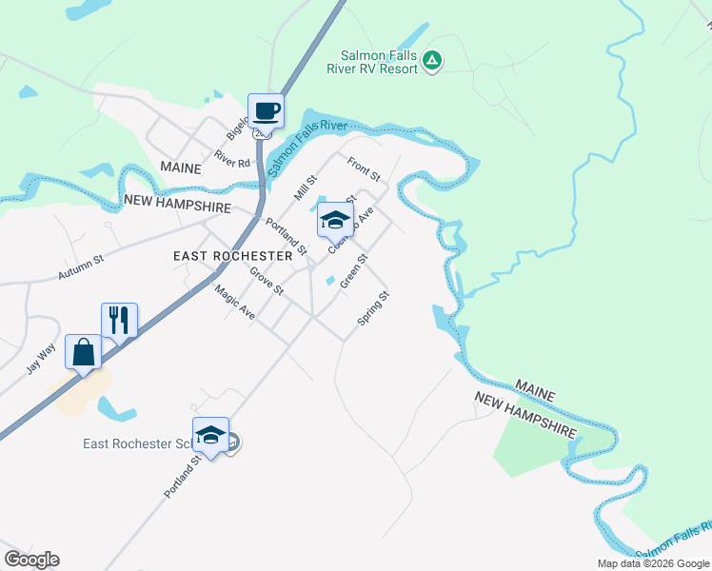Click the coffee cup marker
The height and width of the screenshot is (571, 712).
(x=266, y=110)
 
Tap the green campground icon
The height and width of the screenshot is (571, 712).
(x=432, y=61)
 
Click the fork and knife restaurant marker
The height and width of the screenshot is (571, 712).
(x=119, y=320)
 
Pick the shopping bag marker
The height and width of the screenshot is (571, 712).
(x=84, y=351)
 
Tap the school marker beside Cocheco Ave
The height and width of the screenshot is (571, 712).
(x=334, y=220)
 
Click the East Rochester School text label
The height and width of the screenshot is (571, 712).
(x=137, y=443)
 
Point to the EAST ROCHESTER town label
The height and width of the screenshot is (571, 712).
(x=232, y=256)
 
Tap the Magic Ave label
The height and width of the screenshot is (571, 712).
(x=234, y=303)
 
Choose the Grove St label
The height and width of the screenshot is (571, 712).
(x=267, y=281)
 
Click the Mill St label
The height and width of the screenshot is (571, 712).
(x=305, y=187)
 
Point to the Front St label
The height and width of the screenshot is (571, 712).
(x=364, y=169)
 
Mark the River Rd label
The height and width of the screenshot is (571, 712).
(x=231, y=159)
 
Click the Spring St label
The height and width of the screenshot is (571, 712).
(x=373, y=308)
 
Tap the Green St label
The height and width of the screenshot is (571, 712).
(x=353, y=269)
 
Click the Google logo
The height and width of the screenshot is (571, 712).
(x=31, y=560)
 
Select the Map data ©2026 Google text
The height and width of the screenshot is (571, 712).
(x=652, y=563)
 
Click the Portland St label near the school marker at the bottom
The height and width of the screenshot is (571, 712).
(x=182, y=476)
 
